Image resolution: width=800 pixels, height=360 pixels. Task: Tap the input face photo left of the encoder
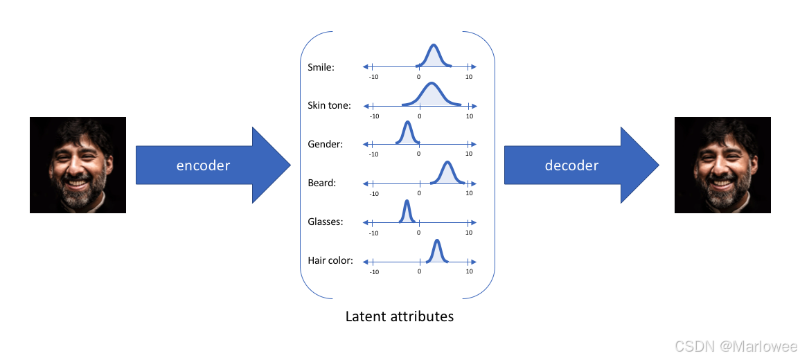pos(78,165)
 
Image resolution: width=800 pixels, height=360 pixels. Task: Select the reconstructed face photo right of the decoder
pos(722,165)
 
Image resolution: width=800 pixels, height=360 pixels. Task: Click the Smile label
pos(321,68)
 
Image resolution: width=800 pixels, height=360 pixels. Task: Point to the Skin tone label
pos(329,106)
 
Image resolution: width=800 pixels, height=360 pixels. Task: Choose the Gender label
pos(325,145)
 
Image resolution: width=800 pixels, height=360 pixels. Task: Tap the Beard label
pos(321,183)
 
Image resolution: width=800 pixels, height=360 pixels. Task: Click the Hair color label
pos(330,261)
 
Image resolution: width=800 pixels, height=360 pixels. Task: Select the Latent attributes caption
pos(400,317)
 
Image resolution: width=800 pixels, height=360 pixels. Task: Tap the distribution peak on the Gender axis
pos(407,132)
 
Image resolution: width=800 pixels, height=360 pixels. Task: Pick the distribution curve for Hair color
pos(436,251)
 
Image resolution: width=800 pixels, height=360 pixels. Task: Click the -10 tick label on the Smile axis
pos(374,77)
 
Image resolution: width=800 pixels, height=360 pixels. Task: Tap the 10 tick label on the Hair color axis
pos(470,271)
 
